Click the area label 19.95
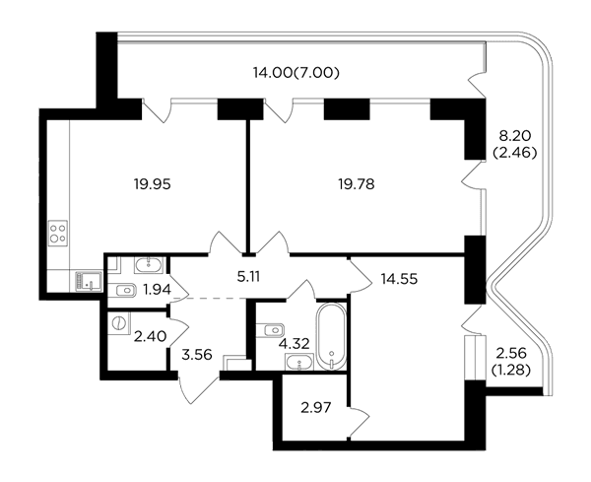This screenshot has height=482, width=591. point(153,184)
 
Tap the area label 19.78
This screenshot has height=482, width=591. point(357,184)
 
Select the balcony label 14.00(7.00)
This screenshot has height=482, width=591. point(295,72)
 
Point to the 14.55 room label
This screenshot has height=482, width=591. point(399,279)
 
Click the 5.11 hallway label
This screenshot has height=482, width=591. point(248,277)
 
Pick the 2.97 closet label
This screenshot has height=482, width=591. point(316,407)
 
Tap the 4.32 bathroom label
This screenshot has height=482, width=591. point(294,344)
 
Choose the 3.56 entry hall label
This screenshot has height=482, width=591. point(197,355)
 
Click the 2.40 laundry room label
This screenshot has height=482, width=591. point(151,336)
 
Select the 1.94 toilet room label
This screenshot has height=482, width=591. point(158,290)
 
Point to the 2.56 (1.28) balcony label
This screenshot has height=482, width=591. point(511,362)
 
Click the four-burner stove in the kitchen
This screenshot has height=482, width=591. point(58,233)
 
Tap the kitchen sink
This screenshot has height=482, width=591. point(89,281)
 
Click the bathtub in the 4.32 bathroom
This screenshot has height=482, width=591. point(331,336)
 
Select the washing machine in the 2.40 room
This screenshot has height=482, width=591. point(119,323)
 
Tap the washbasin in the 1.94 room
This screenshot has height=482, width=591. point(149,265)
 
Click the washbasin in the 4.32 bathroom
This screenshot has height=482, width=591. point(299,362)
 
